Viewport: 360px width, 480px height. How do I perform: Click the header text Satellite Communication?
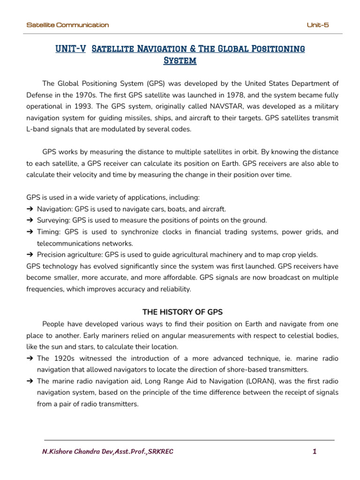click(x=67, y=25)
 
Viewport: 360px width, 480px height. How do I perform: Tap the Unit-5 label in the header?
click(x=317, y=25)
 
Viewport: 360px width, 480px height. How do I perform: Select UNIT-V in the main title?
click(x=70, y=49)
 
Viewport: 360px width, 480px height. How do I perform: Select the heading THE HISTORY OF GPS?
click(x=182, y=312)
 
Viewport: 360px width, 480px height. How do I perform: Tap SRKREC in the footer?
click(x=160, y=452)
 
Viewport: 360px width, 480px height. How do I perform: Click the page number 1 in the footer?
click(x=315, y=452)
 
